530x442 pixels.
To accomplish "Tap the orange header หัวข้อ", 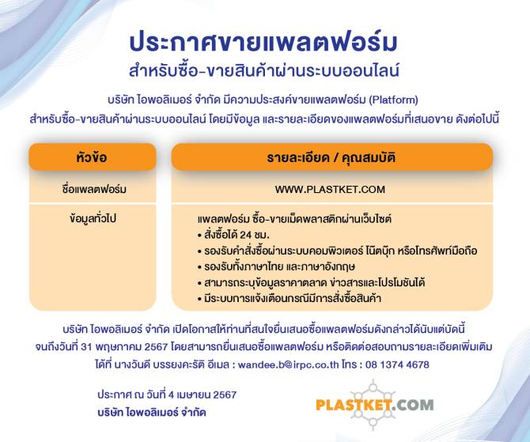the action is point(92,157).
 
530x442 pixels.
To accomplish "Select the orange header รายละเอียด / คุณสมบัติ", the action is point(331,157).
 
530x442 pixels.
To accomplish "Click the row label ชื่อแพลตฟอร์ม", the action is point(94,189).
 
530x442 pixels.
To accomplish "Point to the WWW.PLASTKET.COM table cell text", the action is point(330,189).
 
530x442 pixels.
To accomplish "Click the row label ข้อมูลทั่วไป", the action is point(93,219).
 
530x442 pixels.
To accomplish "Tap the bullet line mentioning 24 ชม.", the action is point(233,235).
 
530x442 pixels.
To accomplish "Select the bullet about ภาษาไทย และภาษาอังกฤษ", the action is point(277,266).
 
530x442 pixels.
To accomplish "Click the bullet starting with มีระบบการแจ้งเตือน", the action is point(290,298).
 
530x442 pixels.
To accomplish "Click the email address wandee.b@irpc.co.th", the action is point(288,365).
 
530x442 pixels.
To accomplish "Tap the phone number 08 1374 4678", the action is point(397,365).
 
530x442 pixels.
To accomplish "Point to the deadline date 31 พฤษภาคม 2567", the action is point(124,347).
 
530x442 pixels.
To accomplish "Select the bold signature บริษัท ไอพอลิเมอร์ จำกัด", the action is point(152,412).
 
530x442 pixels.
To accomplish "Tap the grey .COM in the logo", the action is point(413,405).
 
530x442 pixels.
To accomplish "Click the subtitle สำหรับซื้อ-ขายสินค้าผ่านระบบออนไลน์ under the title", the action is point(264,70).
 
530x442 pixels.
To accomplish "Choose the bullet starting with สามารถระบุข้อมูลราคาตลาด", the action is point(312,282).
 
